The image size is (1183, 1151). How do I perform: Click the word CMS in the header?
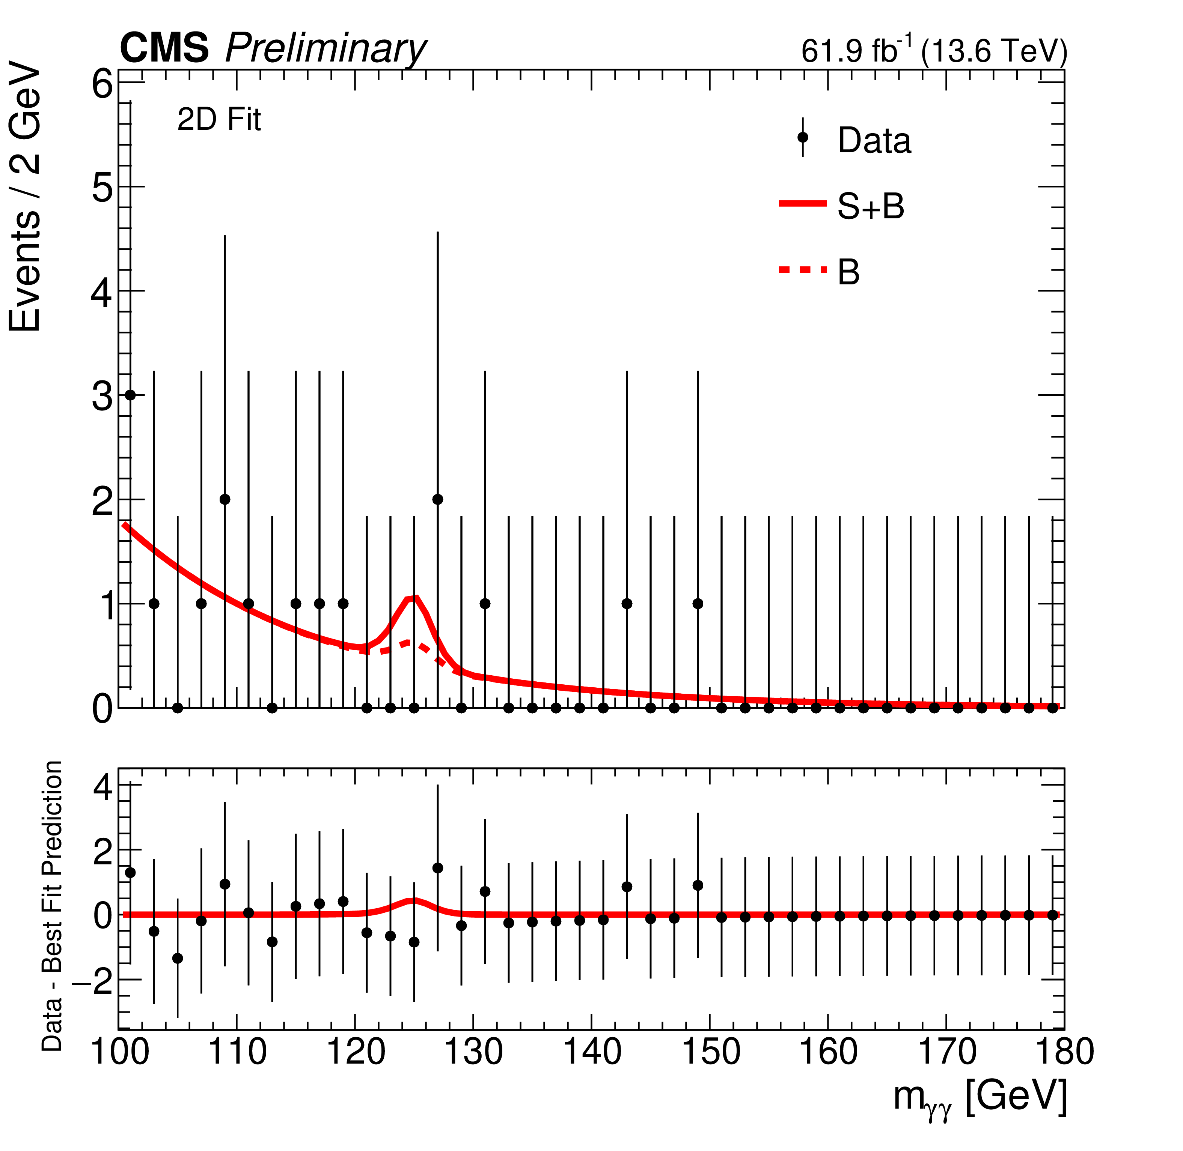point(164,48)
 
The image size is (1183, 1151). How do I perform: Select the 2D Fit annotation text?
point(219,120)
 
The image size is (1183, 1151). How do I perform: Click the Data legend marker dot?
point(803,138)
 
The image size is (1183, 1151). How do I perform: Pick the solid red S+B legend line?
point(803,204)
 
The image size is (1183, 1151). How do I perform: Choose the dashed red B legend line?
point(803,270)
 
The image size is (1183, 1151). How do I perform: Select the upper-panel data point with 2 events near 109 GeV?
point(225,499)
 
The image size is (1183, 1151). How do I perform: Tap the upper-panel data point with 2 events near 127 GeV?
point(438,499)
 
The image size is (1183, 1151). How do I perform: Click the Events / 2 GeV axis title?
point(26,200)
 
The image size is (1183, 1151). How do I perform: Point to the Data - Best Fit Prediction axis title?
point(53,907)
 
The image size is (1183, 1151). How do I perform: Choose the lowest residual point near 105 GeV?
point(177,959)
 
